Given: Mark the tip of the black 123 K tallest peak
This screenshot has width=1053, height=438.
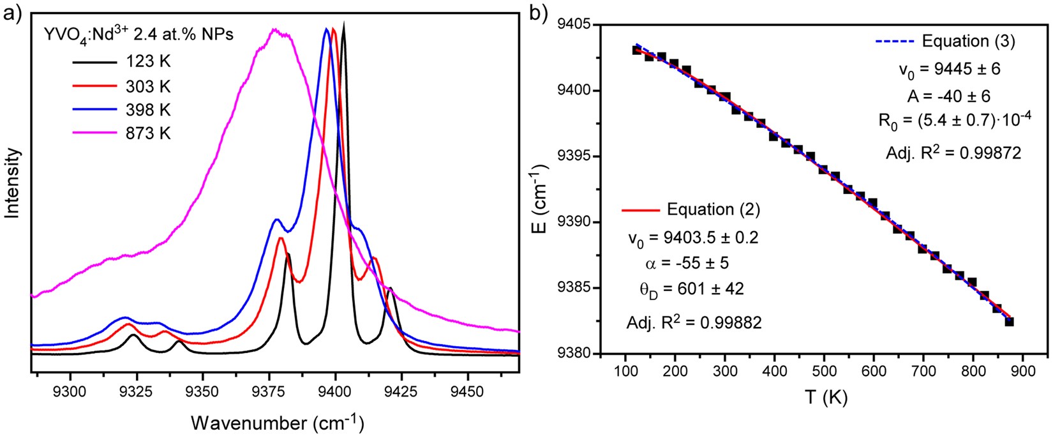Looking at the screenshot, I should point(345,24).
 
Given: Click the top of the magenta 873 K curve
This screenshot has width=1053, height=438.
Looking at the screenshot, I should point(276,29).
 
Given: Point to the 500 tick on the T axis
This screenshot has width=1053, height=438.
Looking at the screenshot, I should point(825,372).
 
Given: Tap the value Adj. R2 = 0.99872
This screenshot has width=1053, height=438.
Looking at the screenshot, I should point(953,153).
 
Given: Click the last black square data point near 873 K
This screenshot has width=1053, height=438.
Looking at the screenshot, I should point(1009,321).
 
